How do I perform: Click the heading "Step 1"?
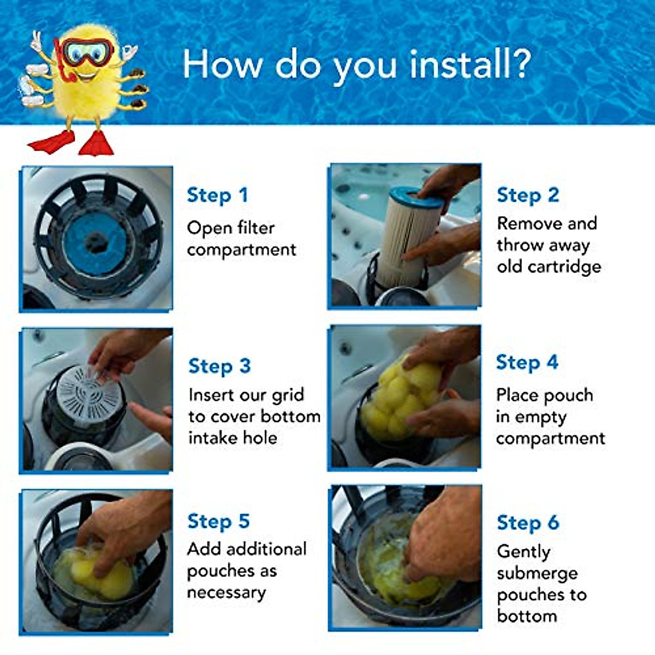point(217,195)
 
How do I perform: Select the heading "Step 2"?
point(528,195)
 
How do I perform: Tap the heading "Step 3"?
point(219,366)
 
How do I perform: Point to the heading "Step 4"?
point(527,362)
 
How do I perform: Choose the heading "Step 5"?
point(218,521)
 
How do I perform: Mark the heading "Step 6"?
point(528,522)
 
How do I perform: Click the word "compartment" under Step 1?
point(241,250)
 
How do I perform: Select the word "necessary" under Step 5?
point(226,593)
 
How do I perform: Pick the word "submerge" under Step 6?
point(537,573)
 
